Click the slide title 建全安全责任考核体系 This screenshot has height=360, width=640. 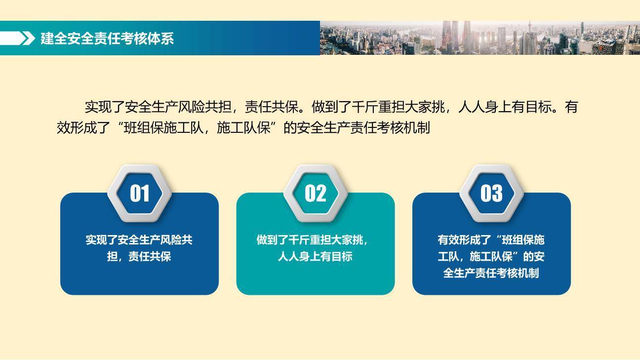coord(107,39)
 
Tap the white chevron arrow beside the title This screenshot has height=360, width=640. coord(28,38)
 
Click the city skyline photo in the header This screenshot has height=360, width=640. coord(480,38)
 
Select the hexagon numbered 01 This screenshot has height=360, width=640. coord(139,193)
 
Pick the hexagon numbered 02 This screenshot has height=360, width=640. coord(315,193)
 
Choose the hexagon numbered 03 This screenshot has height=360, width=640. coord(491,193)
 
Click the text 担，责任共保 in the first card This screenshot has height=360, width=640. coord(139,257)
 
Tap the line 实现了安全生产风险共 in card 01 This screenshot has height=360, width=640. coord(139,240)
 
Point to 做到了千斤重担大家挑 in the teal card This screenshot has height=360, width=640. coord(311,240)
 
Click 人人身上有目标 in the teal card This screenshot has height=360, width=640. coord(315,257)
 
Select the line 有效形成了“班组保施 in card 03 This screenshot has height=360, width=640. coord(491,240)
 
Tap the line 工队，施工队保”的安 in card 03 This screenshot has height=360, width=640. coord(491,257)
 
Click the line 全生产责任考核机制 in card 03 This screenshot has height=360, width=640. coord(491,273)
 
